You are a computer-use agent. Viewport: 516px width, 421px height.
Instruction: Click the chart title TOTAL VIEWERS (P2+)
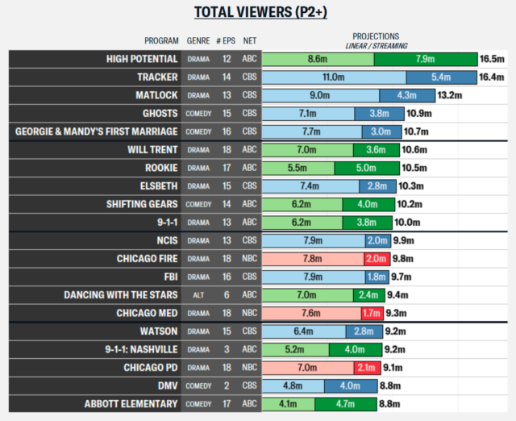pyautogui.click(x=257, y=12)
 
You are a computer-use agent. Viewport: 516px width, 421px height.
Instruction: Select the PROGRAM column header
pyautogui.click(x=161, y=40)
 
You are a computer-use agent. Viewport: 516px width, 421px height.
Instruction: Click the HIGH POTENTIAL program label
pyautogui.click(x=142, y=59)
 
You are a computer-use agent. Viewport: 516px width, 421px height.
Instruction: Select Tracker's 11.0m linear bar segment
pyautogui.click(x=334, y=77)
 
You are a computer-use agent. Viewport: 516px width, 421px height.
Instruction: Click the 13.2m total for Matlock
pyautogui.click(x=449, y=95)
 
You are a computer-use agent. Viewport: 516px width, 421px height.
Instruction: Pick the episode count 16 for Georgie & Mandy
pyautogui.click(x=227, y=131)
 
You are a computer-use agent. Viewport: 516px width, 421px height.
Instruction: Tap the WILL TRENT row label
pyautogui.click(x=153, y=150)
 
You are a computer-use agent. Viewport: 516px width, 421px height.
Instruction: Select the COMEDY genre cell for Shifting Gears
pyautogui.click(x=198, y=204)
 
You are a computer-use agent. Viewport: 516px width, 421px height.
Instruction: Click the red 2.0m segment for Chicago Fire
pyautogui.click(x=376, y=258)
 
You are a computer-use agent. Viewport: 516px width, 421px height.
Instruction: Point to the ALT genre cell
pyautogui.click(x=198, y=294)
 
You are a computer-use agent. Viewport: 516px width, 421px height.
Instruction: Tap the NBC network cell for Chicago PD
pyautogui.click(x=250, y=367)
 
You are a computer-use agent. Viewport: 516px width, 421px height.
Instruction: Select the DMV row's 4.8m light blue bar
pyautogui.click(x=293, y=386)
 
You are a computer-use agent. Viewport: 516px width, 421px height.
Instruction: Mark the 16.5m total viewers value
pyautogui.click(x=491, y=59)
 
